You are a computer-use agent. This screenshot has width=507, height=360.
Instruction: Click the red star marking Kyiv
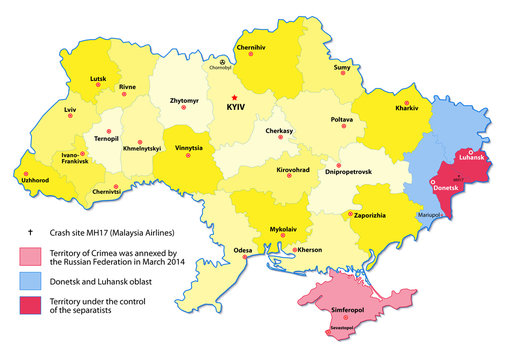pyautogui.click(x=235, y=97)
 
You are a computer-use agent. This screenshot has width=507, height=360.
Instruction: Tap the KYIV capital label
pyautogui.click(x=237, y=108)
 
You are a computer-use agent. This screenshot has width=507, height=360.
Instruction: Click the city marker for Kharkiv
pyautogui.click(x=406, y=104)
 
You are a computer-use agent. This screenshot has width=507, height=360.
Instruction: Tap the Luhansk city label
pyautogui.click(x=470, y=158)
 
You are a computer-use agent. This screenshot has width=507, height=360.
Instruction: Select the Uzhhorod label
pyautogui.click(x=34, y=180)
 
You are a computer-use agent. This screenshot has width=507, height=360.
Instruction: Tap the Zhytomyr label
pyautogui.click(x=189, y=102)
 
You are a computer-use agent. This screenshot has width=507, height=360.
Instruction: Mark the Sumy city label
pyautogui.click(x=342, y=67)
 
